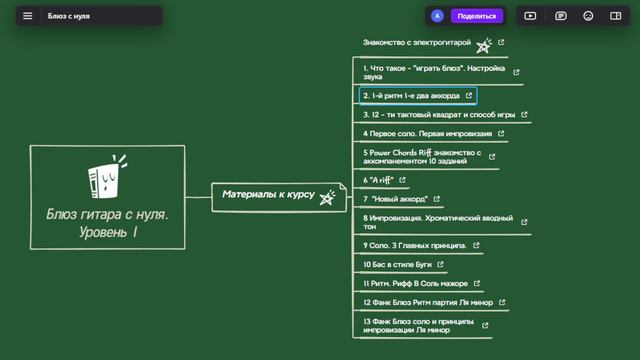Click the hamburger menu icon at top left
click(27, 16)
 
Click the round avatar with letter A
click(437, 16)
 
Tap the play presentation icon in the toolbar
click(530, 16)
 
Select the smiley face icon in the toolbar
click(588, 16)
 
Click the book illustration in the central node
click(103, 178)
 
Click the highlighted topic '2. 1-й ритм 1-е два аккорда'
click(411, 96)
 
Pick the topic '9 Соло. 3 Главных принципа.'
click(415, 245)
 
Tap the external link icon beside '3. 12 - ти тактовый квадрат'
click(525, 115)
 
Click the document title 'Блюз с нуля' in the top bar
click(69, 16)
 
